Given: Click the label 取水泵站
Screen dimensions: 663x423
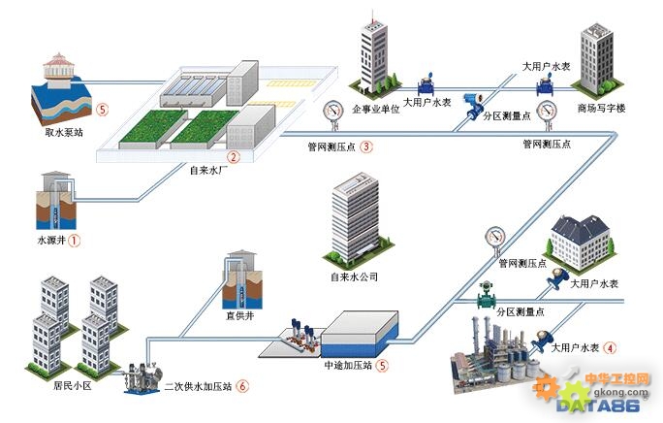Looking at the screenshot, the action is [64, 133].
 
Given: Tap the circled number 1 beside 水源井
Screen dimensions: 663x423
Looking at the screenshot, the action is [74, 241].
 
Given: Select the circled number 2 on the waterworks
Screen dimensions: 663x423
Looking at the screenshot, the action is [233, 157].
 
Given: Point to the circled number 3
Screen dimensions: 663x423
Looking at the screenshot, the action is [366, 146].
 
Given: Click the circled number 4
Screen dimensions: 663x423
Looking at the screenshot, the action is [610, 348].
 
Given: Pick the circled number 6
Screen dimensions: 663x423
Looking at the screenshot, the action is [242, 386].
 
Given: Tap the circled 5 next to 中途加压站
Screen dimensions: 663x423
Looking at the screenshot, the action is [382, 365].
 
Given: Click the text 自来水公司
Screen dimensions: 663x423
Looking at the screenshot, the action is [354, 277].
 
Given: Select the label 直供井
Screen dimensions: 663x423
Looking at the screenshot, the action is [239, 316].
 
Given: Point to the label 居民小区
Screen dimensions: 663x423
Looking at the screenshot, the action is [73, 386].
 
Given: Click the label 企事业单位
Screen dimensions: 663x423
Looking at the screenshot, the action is [376, 109].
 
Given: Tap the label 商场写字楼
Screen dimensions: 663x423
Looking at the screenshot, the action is [601, 109].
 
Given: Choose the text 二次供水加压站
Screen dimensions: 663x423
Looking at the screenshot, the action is [199, 386].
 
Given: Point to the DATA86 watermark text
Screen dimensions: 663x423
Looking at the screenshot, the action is [597, 406].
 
